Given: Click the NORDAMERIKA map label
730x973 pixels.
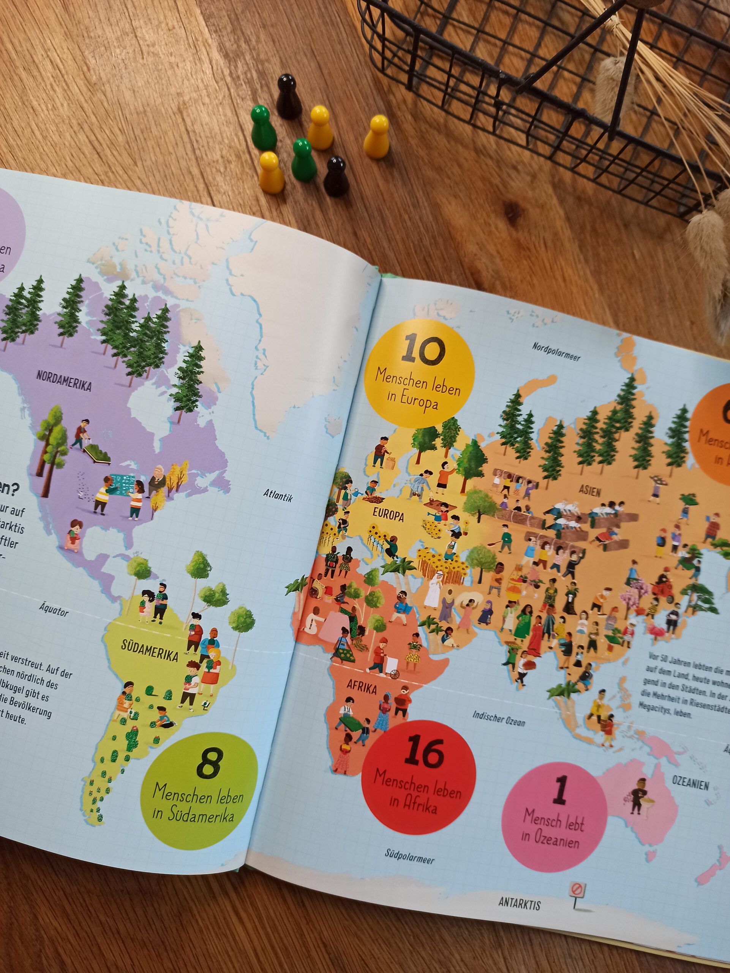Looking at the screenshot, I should [x=64, y=381].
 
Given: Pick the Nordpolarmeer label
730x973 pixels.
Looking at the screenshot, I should [x=556, y=352].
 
